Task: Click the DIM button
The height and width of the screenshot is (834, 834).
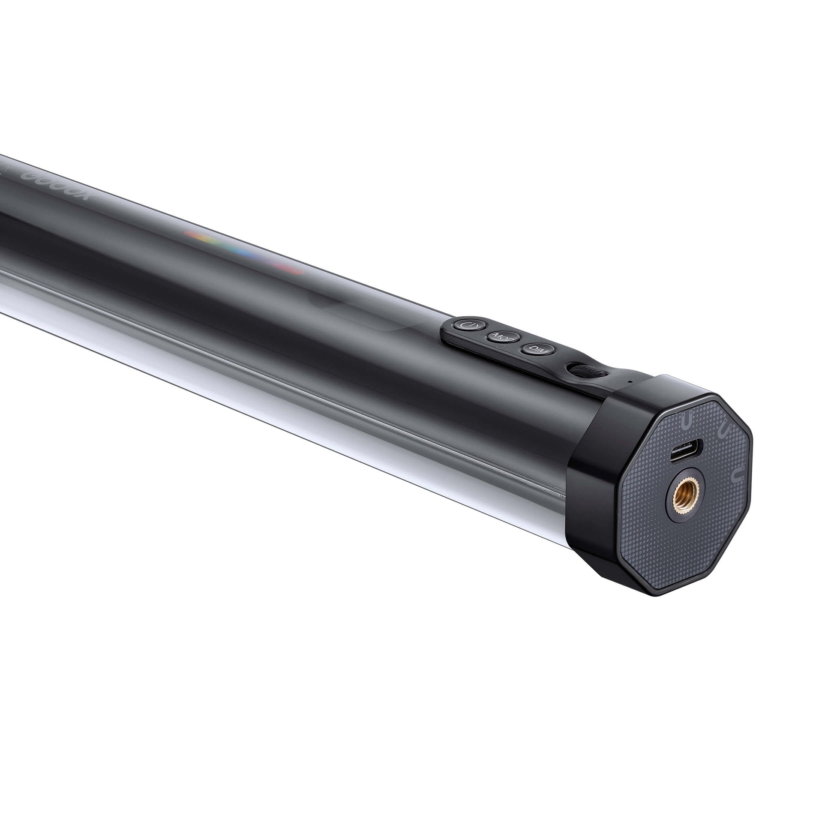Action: pos(538,350)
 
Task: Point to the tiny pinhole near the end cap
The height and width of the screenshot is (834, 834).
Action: pos(631,381)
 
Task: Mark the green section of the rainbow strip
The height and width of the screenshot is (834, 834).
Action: pos(216,243)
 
